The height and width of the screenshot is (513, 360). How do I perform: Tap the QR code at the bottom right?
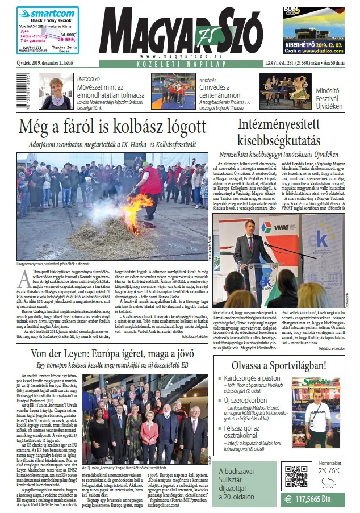(x=296, y=476)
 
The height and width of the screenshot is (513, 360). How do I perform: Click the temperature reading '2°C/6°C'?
(x=329, y=470)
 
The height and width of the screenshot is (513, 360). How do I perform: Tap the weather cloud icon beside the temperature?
(x=329, y=483)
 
